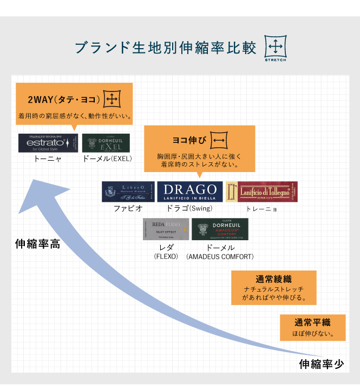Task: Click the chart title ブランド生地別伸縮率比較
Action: [166, 48]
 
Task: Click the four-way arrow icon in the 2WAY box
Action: [112, 99]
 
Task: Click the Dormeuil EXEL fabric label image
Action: [106, 143]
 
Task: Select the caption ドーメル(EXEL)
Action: [107, 159]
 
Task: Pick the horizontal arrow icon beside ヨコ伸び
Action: [219, 140]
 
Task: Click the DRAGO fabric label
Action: [190, 192]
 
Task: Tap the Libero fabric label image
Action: [128, 192]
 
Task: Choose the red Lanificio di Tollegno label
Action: [261, 192]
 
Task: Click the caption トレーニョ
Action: [262, 208]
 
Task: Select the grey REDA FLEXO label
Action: [166, 229]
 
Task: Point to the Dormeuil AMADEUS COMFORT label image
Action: [220, 229]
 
